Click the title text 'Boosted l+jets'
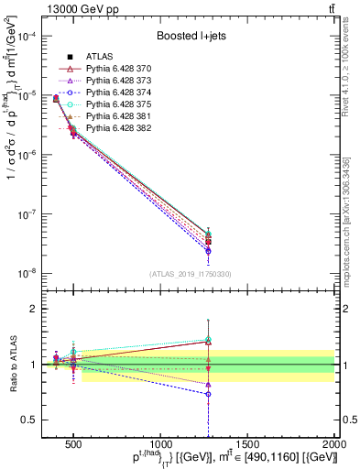(x=192, y=37)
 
